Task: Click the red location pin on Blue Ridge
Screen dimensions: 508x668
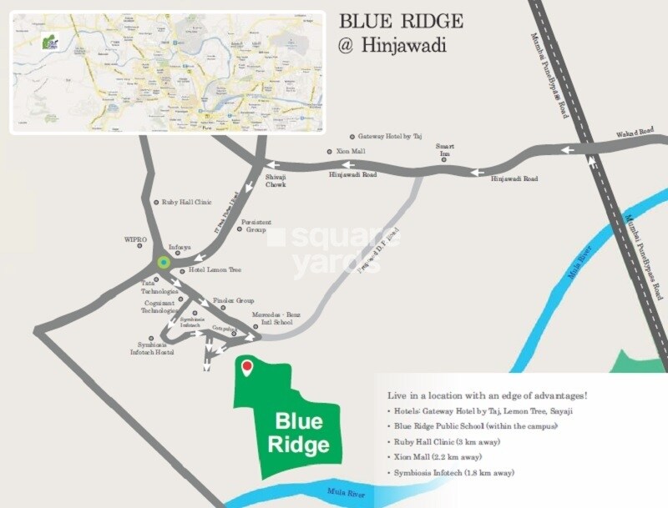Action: pyautogui.click(x=246, y=367)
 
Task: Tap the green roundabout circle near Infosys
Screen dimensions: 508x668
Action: pyautogui.click(x=164, y=263)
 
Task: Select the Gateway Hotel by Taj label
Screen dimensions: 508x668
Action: pyautogui.click(x=390, y=136)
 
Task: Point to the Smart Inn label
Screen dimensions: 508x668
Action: pyautogui.click(x=444, y=150)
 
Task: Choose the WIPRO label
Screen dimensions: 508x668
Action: pyautogui.click(x=135, y=239)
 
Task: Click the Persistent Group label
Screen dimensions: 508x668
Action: pyautogui.click(x=254, y=226)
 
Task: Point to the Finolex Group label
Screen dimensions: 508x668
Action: pyautogui.click(x=233, y=299)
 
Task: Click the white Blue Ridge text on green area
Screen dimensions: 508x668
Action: pyautogui.click(x=298, y=432)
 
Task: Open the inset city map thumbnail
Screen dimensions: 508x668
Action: pyautogui.click(x=167, y=72)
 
